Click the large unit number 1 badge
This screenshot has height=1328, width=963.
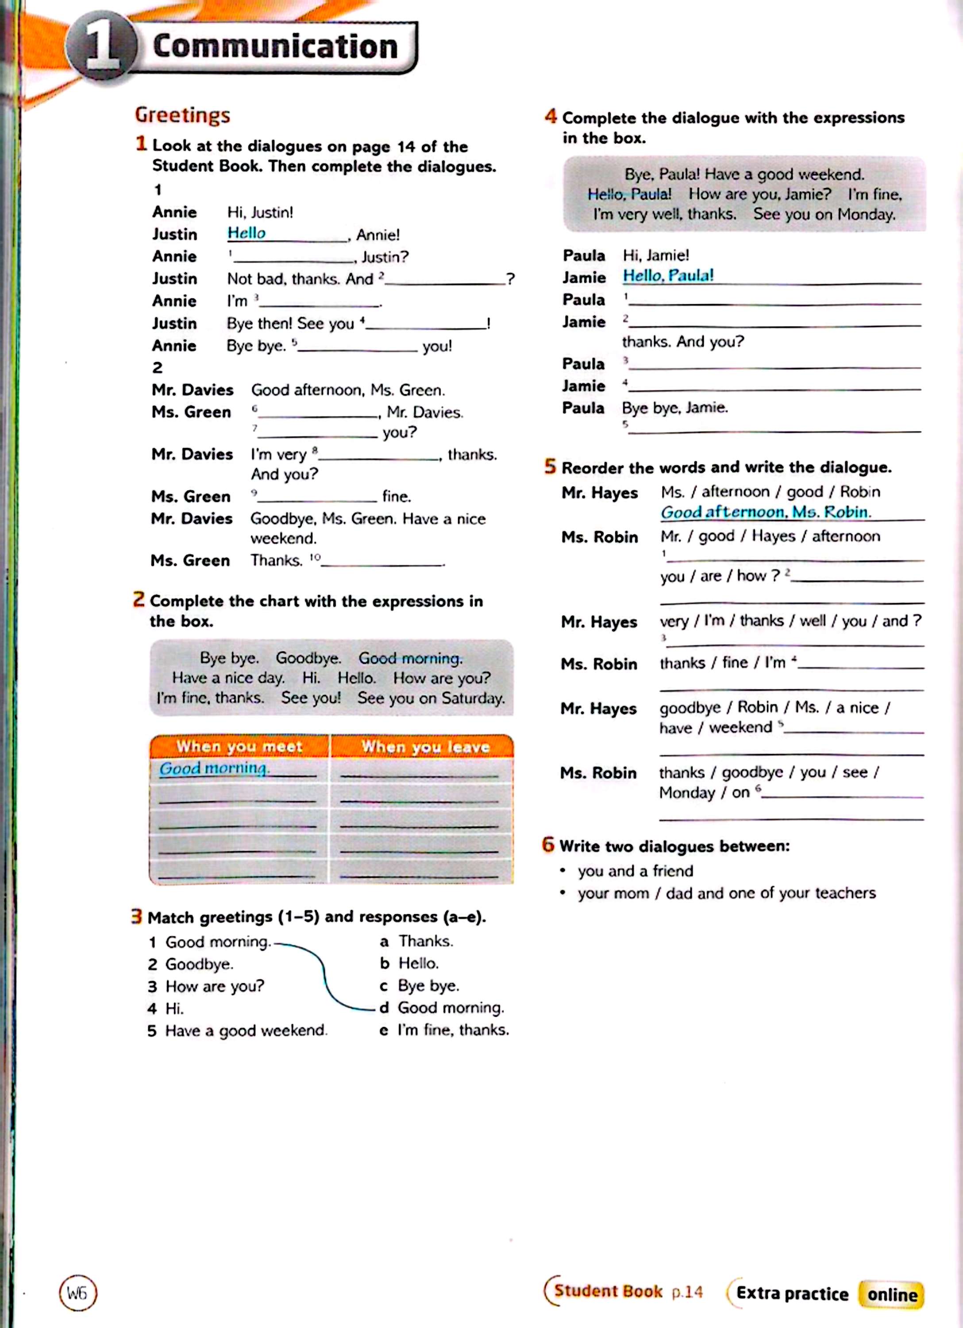(x=101, y=47)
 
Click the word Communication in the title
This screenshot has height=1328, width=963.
(x=275, y=47)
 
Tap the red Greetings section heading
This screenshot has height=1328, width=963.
(x=183, y=115)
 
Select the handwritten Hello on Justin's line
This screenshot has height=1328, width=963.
(x=247, y=233)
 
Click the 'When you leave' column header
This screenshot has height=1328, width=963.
(x=425, y=747)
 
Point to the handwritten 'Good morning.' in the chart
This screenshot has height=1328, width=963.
(x=214, y=768)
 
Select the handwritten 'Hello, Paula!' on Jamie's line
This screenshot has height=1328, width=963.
(x=668, y=275)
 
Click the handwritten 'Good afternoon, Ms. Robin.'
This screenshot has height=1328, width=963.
(x=766, y=512)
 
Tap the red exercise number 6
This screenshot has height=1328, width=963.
(x=548, y=845)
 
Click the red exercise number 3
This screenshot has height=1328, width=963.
(x=136, y=916)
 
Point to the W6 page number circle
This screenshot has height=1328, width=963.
(x=78, y=1293)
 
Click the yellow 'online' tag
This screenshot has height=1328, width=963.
(x=892, y=1294)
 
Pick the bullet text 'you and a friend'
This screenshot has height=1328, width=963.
(x=635, y=871)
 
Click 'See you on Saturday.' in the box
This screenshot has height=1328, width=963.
(x=431, y=698)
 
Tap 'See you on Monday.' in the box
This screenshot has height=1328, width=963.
(x=824, y=214)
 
